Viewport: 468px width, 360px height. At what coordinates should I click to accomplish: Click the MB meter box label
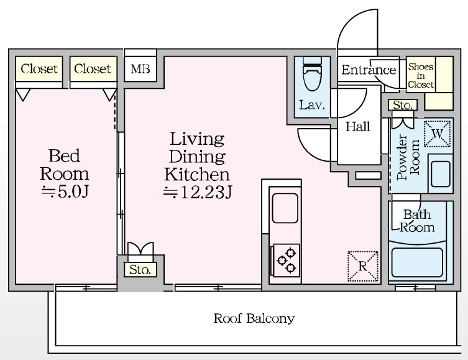tap(140, 69)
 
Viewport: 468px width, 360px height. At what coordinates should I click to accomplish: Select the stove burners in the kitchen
tap(285, 260)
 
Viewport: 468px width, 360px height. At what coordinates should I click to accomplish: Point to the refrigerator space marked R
tap(362, 266)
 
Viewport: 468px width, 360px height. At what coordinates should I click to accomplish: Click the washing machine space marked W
tap(438, 134)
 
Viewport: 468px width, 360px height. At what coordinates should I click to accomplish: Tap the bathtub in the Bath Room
tap(416, 262)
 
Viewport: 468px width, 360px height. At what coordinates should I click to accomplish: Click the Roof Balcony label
tap(254, 318)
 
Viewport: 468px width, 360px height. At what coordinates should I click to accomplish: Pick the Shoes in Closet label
tap(421, 75)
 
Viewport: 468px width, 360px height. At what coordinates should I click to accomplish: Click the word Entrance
tap(369, 70)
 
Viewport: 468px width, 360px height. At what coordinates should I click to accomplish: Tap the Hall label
tap(358, 127)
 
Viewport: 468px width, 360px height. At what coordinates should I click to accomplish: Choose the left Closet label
tap(39, 68)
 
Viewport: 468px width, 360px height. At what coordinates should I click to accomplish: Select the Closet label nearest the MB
tap(93, 68)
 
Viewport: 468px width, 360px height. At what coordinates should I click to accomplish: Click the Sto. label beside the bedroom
tap(140, 270)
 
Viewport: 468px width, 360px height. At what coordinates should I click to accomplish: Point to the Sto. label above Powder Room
tap(403, 105)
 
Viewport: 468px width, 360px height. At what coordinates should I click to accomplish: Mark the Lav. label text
tap(312, 105)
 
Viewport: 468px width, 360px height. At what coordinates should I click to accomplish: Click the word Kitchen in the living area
tap(197, 174)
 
